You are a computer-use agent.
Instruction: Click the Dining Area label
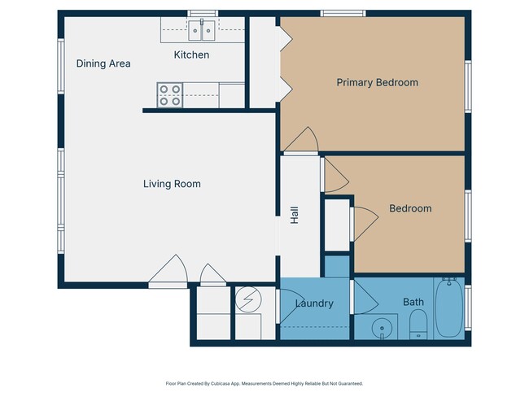click(x=103, y=63)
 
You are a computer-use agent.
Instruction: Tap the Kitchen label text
click(x=191, y=55)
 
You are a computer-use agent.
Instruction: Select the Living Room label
click(x=172, y=184)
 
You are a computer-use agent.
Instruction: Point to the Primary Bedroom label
click(x=377, y=82)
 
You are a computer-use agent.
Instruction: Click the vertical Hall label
click(x=295, y=215)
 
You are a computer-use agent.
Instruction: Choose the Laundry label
click(x=314, y=303)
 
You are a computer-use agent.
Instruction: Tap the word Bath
click(x=413, y=303)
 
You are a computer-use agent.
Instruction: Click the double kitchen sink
click(x=201, y=31)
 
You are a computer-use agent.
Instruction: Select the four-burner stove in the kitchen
click(x=170, y=95)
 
